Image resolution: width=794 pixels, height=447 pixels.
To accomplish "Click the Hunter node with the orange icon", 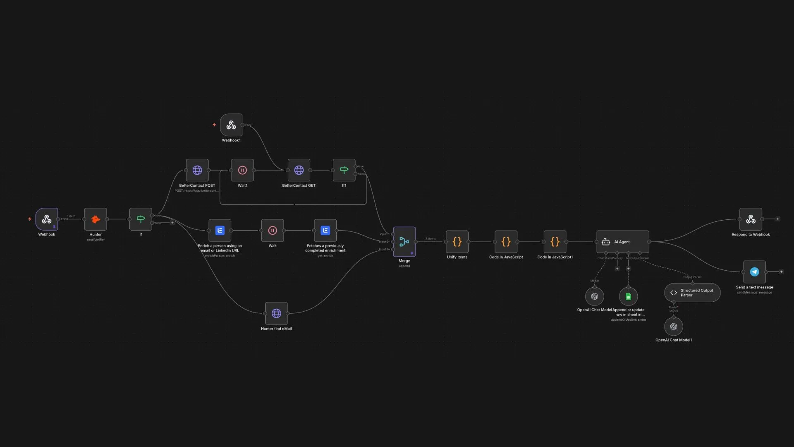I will pos(96,219).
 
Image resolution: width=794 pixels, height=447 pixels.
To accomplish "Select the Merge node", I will pos(404,242).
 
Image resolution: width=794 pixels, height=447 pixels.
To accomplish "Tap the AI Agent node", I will pos(622,242).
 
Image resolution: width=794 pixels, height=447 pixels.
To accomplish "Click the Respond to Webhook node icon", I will pos(751,219).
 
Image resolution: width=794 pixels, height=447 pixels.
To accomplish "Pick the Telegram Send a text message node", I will pos(754,272).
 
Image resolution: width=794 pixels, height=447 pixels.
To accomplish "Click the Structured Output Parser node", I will pos(692,293).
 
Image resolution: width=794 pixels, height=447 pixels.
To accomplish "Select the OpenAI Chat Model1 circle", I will pos(674,327).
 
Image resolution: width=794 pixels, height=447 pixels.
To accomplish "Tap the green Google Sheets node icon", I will pos(628,296).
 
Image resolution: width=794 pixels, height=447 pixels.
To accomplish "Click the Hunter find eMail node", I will pos(276,313).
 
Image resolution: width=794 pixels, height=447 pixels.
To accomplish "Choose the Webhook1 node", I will pos(231,125).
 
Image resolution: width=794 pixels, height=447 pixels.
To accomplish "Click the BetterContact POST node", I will pos(197,170).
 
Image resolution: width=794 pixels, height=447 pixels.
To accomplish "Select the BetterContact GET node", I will pos(299,170).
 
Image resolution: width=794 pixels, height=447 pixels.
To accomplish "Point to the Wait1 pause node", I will pos(242,170).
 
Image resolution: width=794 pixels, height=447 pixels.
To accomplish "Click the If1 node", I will pos(344,170).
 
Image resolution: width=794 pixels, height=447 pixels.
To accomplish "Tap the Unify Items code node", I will pos(457,242).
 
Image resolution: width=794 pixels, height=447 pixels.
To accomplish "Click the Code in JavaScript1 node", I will pos(555,242).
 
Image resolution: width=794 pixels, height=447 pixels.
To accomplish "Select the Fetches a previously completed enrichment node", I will pos(325,231).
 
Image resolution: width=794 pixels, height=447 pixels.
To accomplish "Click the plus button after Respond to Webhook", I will pos(777,219).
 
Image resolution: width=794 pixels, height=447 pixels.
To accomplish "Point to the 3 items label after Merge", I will pos(430,239).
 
